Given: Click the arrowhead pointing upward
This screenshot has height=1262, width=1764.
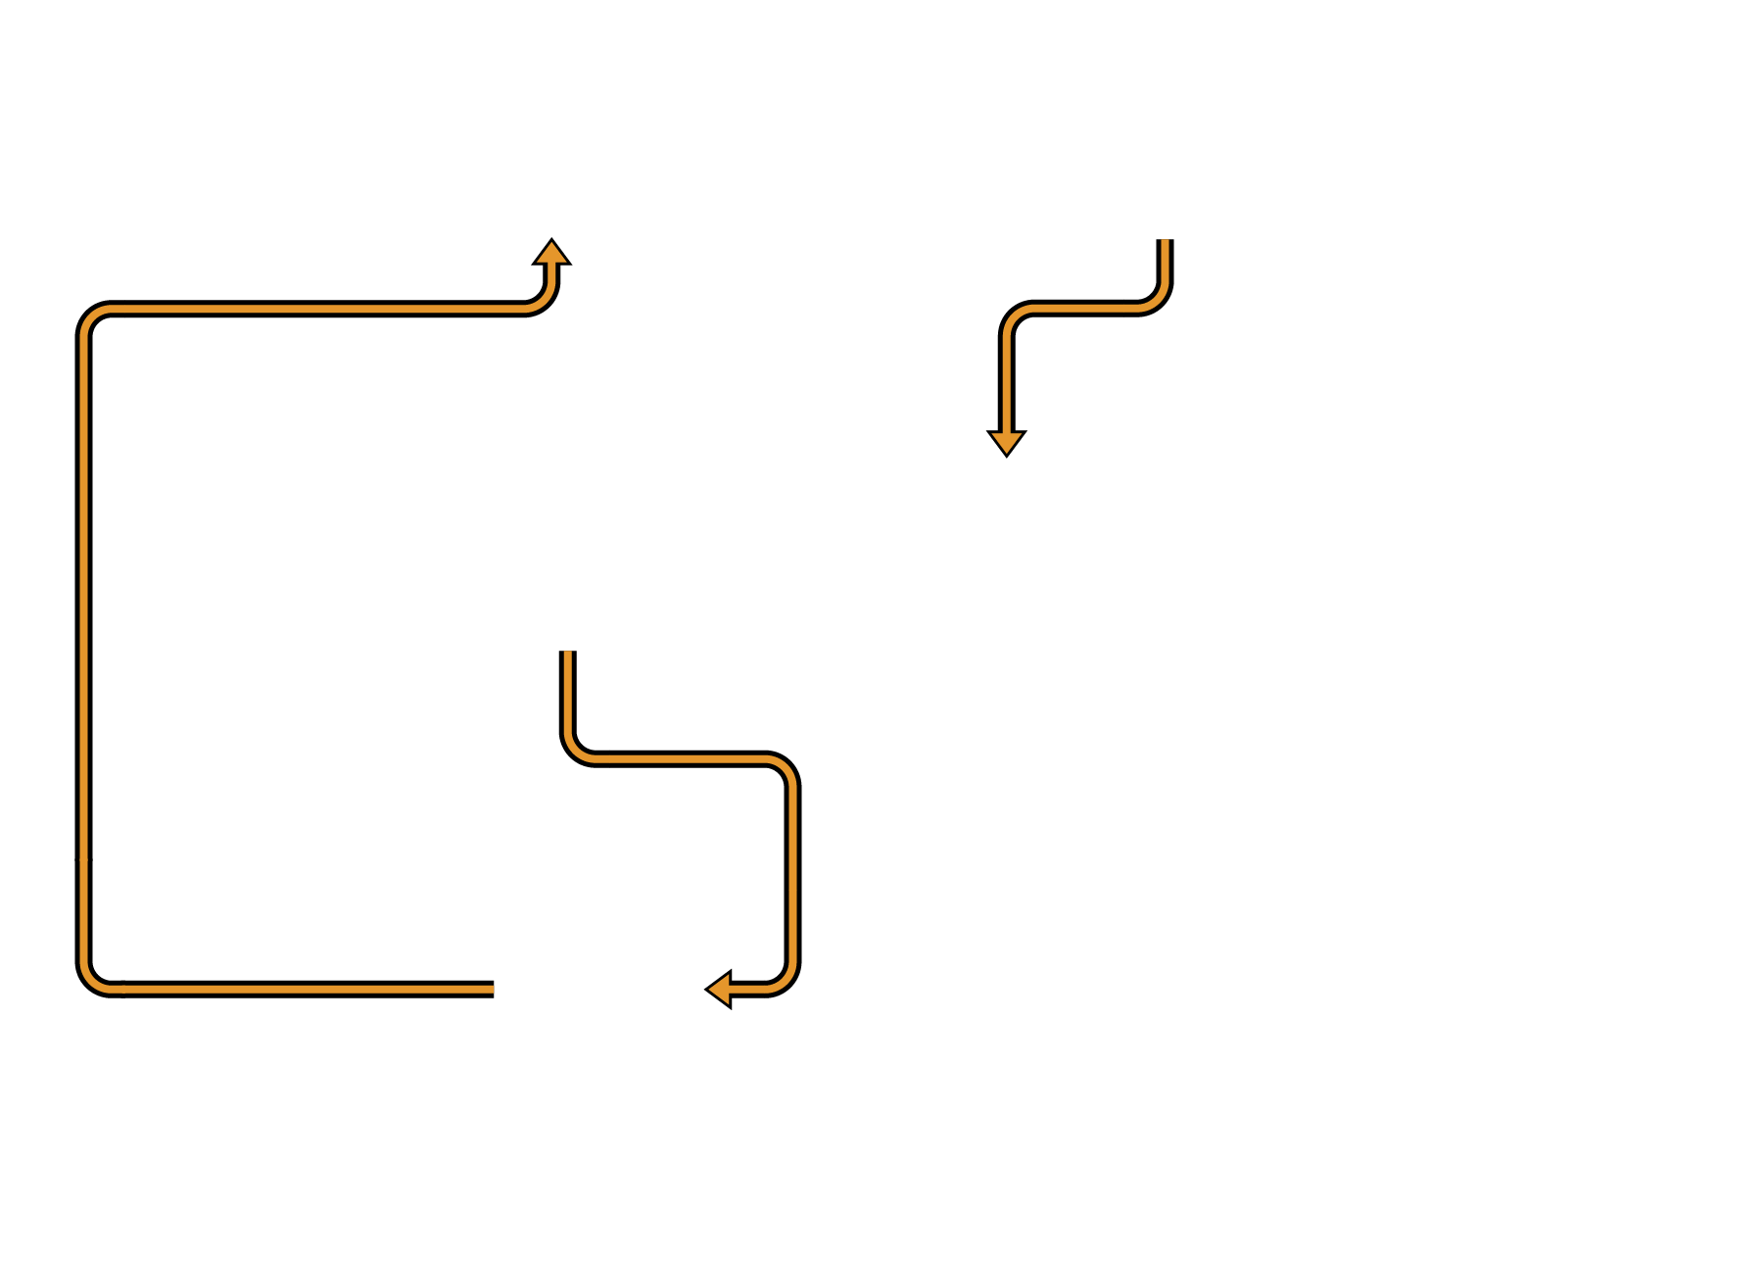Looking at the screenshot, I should tap(551, 253).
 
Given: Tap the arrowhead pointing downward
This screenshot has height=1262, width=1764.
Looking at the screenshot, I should tap(1006, 442).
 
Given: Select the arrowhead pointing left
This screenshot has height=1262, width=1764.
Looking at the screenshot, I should tap(720, 989).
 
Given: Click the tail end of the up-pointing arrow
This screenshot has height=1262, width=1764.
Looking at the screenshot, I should tap(492, 989).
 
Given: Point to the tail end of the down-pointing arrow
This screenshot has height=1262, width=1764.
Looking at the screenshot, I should tap(1165, 242).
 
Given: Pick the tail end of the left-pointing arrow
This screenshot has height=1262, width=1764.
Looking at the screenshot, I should tap(567, 654).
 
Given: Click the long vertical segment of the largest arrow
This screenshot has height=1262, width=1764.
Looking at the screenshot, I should tap(84, 647).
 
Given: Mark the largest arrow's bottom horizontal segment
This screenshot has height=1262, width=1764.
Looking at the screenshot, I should tap(294, 989).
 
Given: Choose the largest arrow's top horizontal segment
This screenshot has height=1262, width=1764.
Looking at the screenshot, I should tap(313, 309).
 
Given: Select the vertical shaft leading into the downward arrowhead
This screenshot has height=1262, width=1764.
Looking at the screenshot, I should tap(1006, 382).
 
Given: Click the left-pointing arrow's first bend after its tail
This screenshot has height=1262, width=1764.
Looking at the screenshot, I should tap(576, 750).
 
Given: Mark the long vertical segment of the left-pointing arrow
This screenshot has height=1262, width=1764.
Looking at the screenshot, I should tap(792, 872).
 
